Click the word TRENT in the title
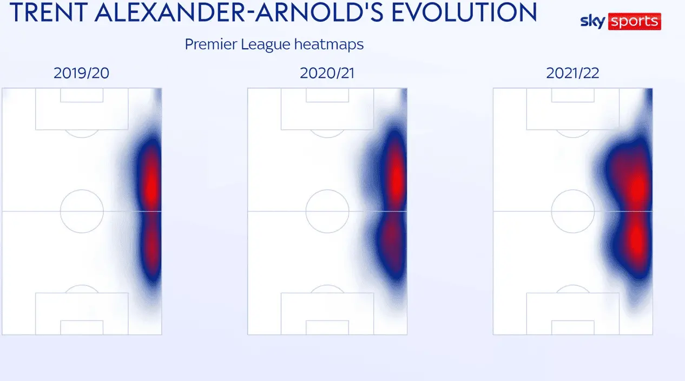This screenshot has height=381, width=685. [49, 12]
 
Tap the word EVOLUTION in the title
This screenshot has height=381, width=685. [464, 12]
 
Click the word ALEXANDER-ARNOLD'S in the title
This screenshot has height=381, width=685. [239, 12]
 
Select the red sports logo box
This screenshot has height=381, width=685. [635, 22]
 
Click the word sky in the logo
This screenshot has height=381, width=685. [592, 22]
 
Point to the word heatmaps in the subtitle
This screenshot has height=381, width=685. [329, 44]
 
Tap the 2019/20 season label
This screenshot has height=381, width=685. [81, 73]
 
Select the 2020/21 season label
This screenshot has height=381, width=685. [327, 73]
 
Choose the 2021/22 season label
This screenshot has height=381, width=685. [572, 73]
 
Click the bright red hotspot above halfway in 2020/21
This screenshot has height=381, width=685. [397, 178]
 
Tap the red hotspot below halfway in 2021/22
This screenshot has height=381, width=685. [637, 241]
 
